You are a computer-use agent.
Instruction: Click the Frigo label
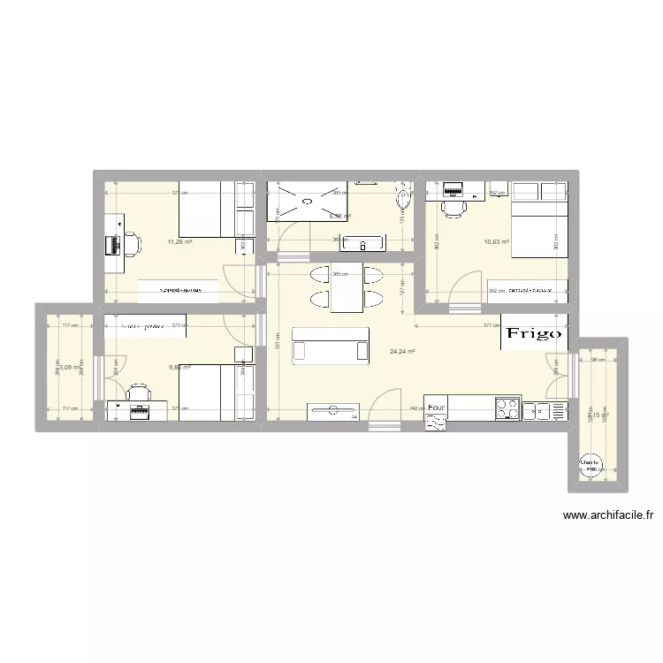pyautogui.click(x=533, y=333)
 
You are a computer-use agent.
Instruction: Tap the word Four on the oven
pyautogui.click(x=435, y=408)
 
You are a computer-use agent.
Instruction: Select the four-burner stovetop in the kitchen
pyautogui.click(x=508, y=409)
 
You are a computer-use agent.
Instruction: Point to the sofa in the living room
pyautogui.click(x=331, y=344)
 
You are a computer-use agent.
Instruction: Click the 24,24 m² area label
pyautogui.click(x=402, y=351)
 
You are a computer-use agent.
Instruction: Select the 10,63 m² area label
pyautogui.click(x=496, y=240)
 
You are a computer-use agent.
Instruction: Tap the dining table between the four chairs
pyautogui.click(x=347, y=287)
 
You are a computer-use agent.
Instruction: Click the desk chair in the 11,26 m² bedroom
pyautogui.click(x=130, y=243)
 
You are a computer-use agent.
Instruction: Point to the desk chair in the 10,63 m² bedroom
pyautogui.click(x=454, y=207)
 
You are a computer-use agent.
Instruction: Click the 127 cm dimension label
pyautogui.click(x=402, y=290)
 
